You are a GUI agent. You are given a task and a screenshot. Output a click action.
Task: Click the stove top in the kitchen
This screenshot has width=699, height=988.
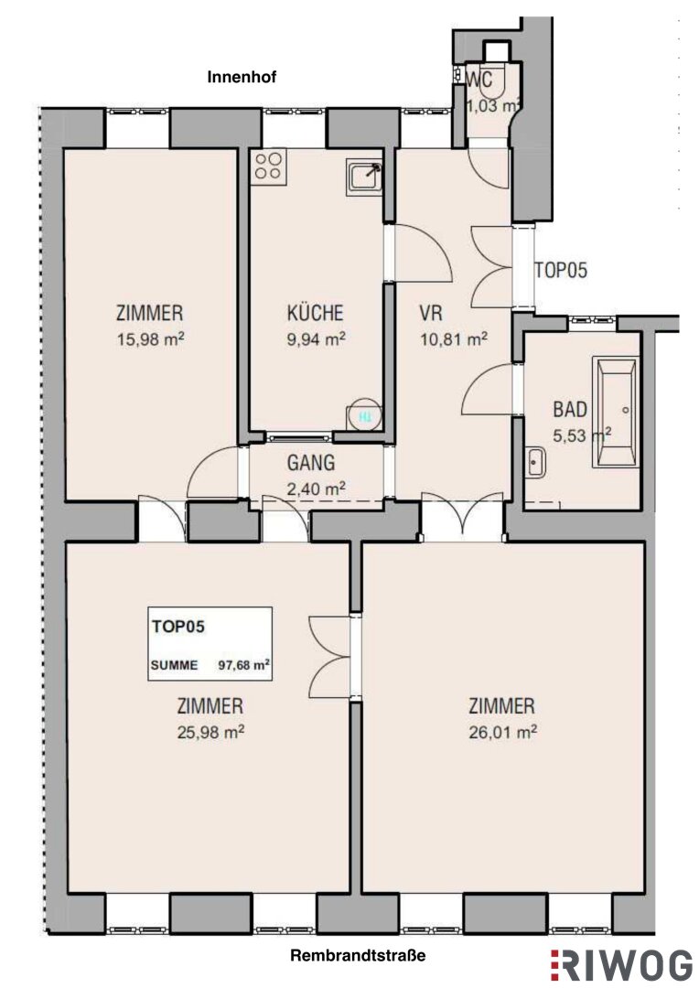click(x=268, y=166)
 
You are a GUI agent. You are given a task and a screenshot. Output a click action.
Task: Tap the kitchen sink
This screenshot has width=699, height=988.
click(x=364, y=177)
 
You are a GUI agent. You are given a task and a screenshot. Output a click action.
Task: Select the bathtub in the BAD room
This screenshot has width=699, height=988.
click(x=615, y=412)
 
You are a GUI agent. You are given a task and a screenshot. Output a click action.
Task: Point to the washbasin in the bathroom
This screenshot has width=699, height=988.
click(x=536, y=462)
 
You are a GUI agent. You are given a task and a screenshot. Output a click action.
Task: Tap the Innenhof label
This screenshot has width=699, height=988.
click(x=242, y=78)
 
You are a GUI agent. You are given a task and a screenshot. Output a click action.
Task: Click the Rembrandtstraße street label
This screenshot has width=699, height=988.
click(x=358, y=955)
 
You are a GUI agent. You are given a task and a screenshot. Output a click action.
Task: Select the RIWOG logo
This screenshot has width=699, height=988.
click(x=622, y=965)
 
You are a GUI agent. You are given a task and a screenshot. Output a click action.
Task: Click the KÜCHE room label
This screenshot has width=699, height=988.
click(x=315, y=313)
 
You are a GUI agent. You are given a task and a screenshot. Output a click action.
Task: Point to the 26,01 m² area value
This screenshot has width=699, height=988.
click(x=502, y=732)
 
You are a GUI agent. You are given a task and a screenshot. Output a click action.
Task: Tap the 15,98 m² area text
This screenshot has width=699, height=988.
click(x=150, y=339)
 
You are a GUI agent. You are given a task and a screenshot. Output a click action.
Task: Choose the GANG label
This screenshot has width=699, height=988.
click(x=311, y=463)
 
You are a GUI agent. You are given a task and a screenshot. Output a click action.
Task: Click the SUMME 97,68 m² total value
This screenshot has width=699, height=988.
click(x=210, y=665)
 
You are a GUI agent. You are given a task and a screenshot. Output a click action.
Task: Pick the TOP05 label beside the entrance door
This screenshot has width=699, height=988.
click(x=561, y=270)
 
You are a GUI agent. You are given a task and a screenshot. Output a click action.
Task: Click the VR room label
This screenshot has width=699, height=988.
click(x=431, y=313)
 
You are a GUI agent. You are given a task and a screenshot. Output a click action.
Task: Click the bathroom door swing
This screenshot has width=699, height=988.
click(x=487, y=390)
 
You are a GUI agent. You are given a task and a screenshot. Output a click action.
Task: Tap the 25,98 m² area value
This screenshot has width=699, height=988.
click(x=210, y=732)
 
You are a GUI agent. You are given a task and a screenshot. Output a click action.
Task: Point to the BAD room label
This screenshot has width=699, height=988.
click(x=570, y=410)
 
